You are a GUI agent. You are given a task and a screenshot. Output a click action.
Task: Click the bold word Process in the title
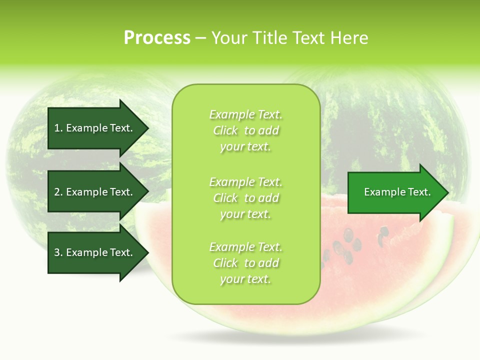click(157, 38)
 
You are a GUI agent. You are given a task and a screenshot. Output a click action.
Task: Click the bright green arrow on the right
click(395, 192)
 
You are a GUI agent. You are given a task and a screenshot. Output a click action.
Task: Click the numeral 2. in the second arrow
click(58, 192)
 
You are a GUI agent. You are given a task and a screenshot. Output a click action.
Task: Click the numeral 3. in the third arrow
click(58, 252)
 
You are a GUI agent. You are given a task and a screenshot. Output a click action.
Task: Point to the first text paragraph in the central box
click(245, 130)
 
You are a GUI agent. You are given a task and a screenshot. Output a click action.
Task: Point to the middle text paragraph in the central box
click(245, 198)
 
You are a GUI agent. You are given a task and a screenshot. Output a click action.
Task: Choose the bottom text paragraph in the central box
click(245, 263)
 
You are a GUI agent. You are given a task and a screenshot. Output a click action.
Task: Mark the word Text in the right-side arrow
click(419, 192)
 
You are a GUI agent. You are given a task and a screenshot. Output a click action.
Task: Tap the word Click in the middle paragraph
click(225, 198)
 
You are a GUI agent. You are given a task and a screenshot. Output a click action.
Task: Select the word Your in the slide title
click(227, 38)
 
